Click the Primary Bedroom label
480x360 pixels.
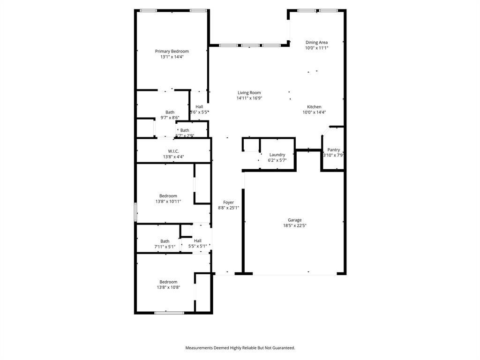(172, 51)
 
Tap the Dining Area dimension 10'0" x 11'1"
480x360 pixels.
(316, 48)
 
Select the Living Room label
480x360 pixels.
(249, 93)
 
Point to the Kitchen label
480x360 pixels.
(314, 107)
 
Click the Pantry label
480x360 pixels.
(334, 150)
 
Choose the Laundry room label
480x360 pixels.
(277, 155)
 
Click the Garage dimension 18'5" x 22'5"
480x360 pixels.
(294, 225)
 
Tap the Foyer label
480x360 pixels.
(228, 202)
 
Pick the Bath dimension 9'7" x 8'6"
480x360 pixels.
(170, 118)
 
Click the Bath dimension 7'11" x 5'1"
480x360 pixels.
(165, 247)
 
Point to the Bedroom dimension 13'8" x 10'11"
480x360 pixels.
(168, 202)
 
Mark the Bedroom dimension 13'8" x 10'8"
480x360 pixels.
(168, 288)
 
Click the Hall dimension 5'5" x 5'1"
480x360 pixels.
(197, 246)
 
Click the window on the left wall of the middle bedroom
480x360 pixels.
(135, 212)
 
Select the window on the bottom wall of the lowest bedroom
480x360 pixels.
(169, 312)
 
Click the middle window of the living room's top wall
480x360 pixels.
(250, 45)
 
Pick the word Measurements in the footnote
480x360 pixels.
(200, 348)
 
